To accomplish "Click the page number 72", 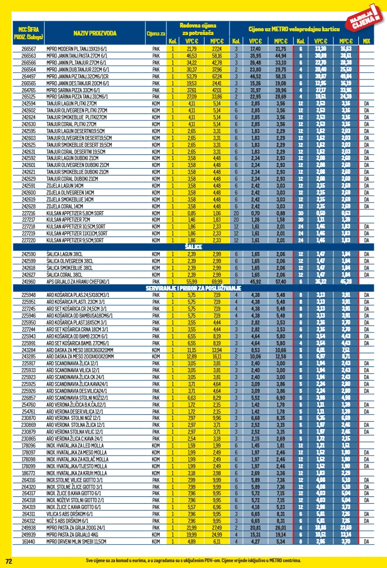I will click(8, 561).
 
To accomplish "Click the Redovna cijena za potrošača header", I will click(197, 29).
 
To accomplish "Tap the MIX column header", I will click(366, 41).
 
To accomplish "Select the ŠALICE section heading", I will click(193, 247).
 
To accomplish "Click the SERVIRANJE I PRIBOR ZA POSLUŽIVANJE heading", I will click(193, 287).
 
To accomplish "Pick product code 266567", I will click(28, 49).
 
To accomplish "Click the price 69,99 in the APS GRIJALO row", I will click(217, 282).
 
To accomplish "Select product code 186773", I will click(28, 473).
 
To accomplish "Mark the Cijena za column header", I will click(155, 33).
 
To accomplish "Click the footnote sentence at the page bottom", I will click(193, 560).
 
